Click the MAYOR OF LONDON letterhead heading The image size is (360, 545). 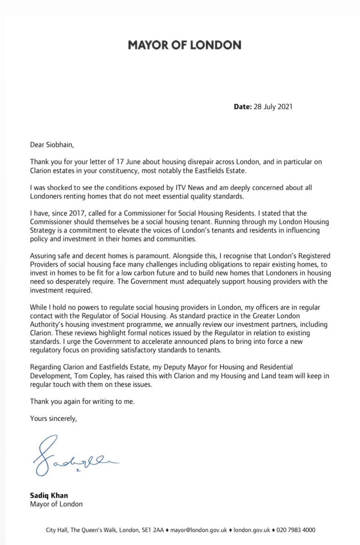(184, 45)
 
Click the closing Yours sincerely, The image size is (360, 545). (54, 418)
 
